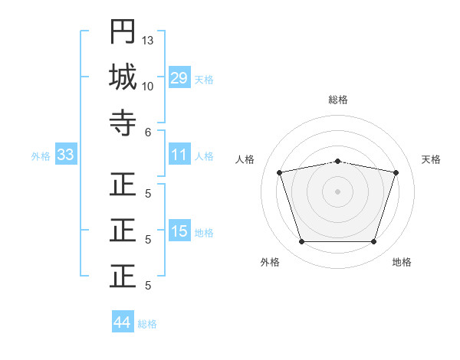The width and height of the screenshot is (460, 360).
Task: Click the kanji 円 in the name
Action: coord(123,32)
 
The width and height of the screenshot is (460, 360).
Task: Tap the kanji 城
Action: coord(123,77)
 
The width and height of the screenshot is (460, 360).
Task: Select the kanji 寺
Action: coord(123,123)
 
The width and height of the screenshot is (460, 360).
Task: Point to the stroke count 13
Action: coord(148,40)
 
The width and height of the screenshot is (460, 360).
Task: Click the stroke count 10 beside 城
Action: coord(148,86)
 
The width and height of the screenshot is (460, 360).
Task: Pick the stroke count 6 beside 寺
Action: coord(148,132)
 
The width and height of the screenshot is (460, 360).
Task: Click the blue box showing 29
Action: coord(179,78)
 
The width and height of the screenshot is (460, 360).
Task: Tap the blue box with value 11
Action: coord(179,155)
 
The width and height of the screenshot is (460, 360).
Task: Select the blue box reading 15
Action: coord(179,231)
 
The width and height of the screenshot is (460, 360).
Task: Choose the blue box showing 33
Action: coord(65,155)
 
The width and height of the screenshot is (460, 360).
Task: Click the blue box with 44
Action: coord(122,322)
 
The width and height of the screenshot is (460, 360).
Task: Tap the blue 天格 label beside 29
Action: coord(204,79)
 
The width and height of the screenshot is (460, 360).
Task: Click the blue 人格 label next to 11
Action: coord(204,156)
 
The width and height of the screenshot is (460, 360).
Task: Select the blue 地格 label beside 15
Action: coord(204,232)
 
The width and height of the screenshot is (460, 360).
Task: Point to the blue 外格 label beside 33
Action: coord(41,156)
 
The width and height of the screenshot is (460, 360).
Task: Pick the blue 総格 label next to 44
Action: coord(147,323)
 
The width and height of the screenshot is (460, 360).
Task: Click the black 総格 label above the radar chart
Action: coord(337,100)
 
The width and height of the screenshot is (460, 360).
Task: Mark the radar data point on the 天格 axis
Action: coord(396,172)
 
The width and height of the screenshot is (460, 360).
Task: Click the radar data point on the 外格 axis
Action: coord(301,241)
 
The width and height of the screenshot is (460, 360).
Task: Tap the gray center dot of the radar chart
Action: coord(337,191)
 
